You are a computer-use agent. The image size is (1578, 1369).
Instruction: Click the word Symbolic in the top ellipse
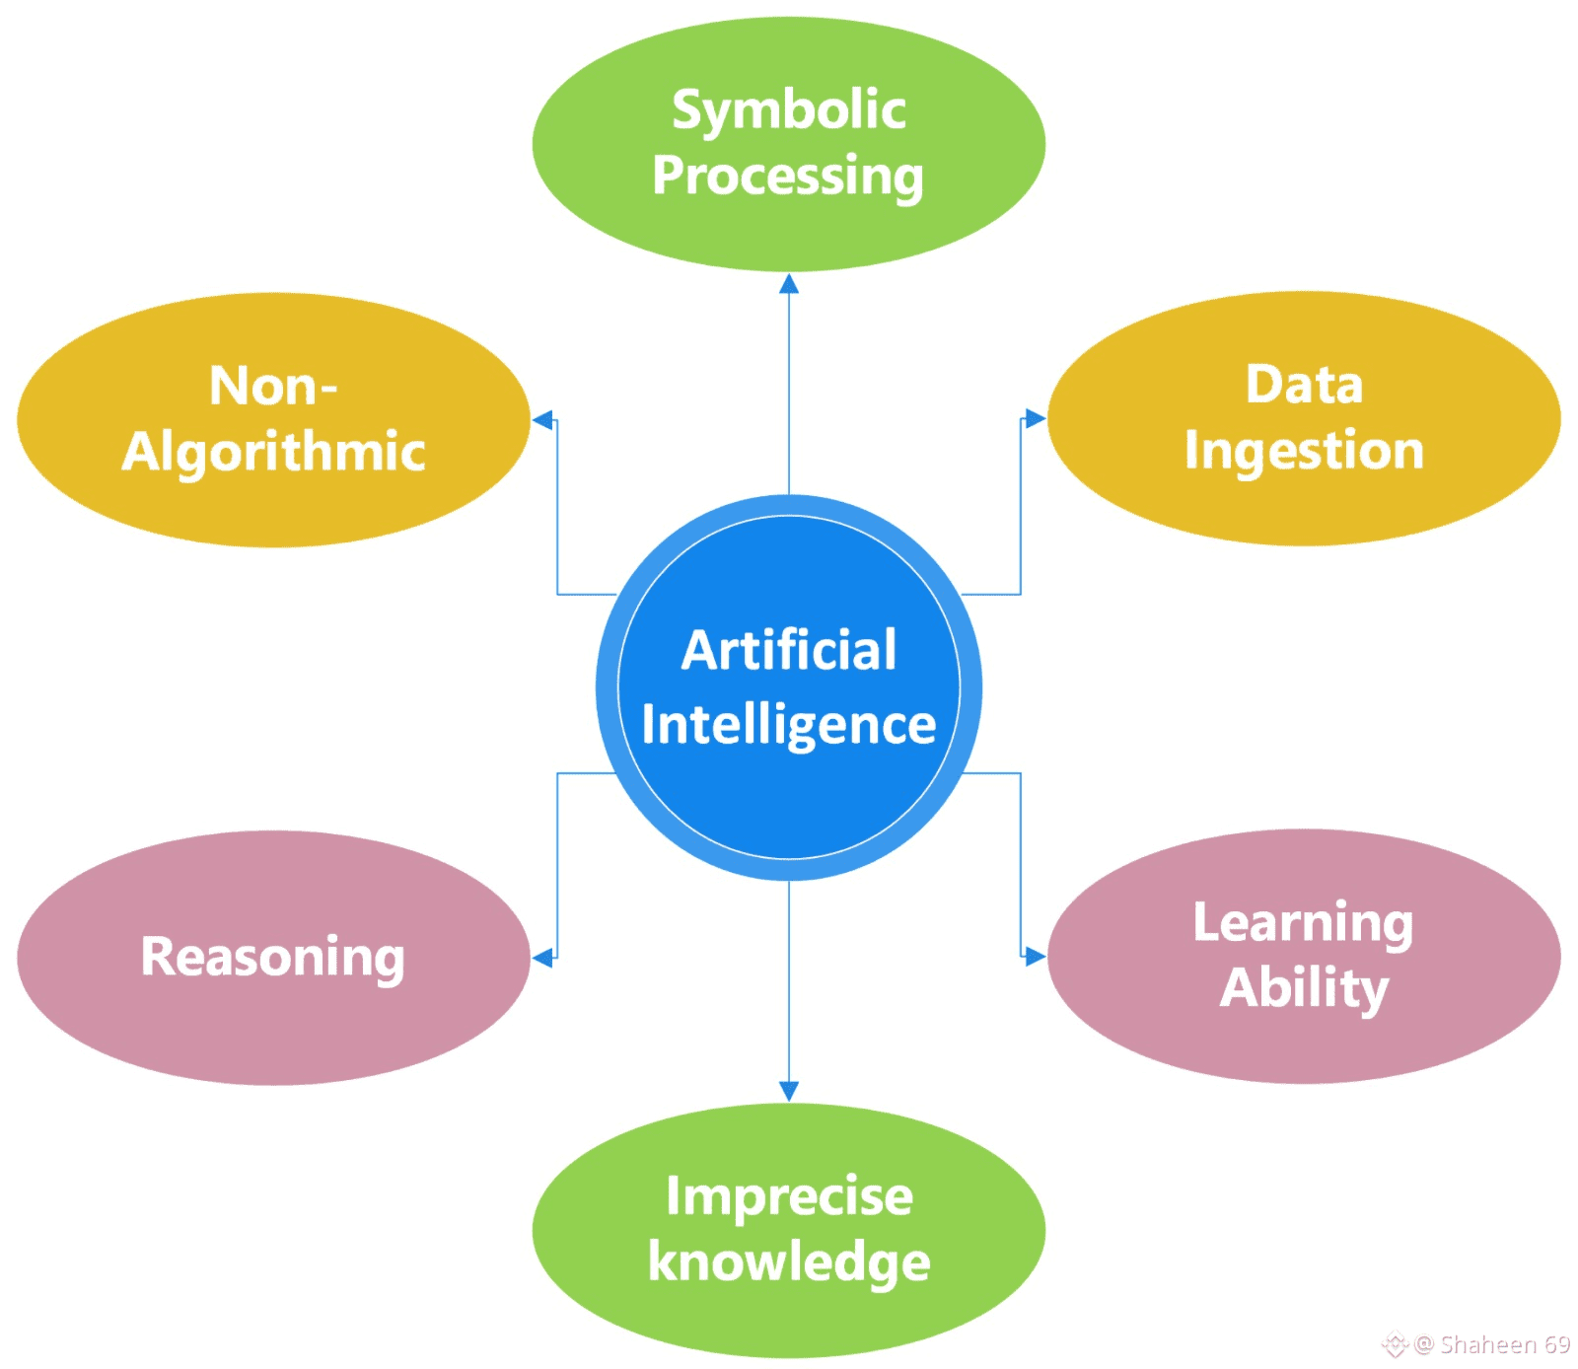tap(788, 110)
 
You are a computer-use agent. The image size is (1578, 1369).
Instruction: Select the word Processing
tap(788, 178)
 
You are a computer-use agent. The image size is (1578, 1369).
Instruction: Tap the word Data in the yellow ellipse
tap(1304, 385)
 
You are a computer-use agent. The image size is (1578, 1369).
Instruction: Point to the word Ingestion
tap(1304, 452)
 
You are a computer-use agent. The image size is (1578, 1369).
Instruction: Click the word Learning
tap(1303, 923)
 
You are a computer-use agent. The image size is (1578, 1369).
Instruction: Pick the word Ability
tap(1304, 988)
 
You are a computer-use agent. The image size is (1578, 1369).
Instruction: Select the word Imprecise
tap(789, 1197)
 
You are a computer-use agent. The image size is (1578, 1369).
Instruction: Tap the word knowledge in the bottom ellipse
tap(789, 1262)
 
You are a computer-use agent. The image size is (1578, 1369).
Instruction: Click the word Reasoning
tap(273, 957)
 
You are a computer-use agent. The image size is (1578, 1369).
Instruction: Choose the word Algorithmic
tap(273, 452)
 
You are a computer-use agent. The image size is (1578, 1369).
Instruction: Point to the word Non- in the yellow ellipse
tap(273, 386)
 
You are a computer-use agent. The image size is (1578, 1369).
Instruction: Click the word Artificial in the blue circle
tap(789, 651)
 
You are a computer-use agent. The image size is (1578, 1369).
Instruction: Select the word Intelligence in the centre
tap(789, 725)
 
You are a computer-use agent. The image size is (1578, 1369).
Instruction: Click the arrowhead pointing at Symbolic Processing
tap(789, 284)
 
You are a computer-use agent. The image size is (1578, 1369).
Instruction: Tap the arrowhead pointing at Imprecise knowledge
tap(789, 1091)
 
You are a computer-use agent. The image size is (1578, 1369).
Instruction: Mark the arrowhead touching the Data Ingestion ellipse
tap(1035, 418)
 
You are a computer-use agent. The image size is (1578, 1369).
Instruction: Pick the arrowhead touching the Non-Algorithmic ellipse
tap(542, 420)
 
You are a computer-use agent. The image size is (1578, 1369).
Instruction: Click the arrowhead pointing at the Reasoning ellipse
tap(542, 957)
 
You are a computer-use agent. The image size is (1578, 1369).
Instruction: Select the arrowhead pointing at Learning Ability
tap(1035, 956)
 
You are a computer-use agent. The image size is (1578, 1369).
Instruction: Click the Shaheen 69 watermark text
tap(1504, 1344)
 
